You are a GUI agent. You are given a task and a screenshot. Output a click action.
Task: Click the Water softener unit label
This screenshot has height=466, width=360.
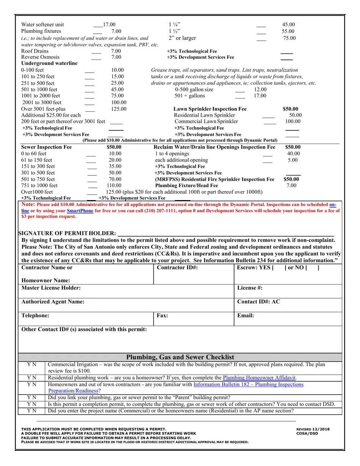coord(42,25)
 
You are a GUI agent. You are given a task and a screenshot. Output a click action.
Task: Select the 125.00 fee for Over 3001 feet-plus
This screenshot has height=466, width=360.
coord(119,109)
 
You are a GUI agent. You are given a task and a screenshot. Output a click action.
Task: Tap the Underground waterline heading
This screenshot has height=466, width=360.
coord(49,63)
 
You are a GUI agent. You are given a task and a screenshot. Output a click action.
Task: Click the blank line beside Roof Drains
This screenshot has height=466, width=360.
coord(96,52)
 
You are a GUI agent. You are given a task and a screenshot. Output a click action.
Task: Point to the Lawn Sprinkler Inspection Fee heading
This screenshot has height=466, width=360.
coord(210,109)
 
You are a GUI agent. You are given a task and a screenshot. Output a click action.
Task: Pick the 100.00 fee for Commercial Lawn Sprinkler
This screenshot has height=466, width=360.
coord(293,122)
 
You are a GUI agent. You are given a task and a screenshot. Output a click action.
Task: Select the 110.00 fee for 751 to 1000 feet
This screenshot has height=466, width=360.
coord(114,186)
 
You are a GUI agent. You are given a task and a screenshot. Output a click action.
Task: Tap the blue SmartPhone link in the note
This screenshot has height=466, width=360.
coord(80,211)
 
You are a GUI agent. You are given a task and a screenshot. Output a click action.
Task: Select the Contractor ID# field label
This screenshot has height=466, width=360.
coord(177,267)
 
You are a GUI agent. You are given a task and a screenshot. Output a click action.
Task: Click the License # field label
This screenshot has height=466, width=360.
coord(250,288)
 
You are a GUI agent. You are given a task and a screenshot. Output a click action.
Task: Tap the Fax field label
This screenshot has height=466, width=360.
coord(162,316)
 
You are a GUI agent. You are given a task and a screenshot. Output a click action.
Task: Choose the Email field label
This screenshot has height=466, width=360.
coord(246,316)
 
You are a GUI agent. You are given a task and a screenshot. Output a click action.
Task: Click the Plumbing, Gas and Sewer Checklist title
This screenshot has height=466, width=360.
coord(180,357)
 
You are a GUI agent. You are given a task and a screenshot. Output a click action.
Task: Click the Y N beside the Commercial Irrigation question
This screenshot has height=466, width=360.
coord(32,364)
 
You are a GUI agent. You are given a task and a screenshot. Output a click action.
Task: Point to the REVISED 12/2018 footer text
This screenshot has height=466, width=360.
coord(313,429)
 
